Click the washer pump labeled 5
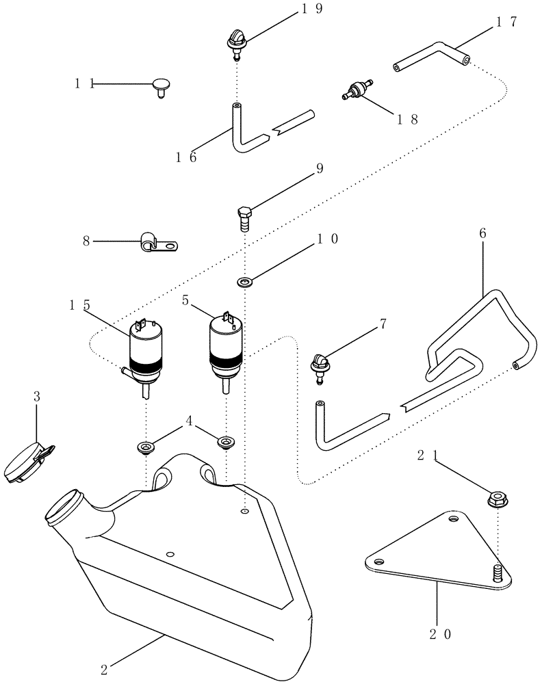coord(225,347)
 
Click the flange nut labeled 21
coord(499,499)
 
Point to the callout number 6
coord(483,233)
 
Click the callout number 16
coord(183,157)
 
